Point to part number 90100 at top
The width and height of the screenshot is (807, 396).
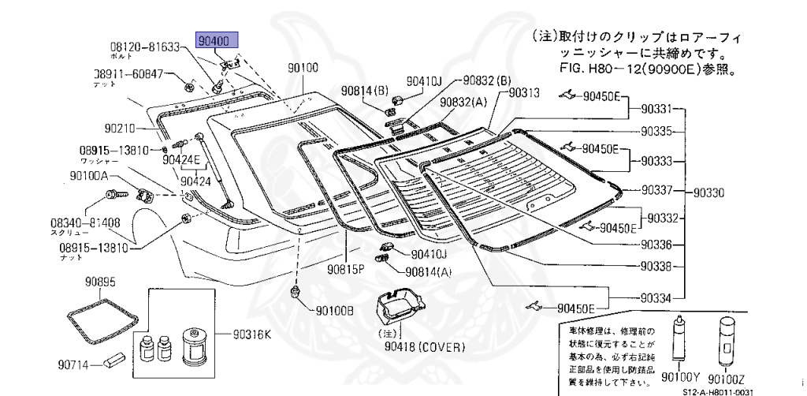tap(303, 69)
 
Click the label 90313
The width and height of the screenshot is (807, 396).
tap(523, 92)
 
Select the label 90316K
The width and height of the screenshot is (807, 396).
tap(251, 334)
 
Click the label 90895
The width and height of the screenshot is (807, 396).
tap(101, 282)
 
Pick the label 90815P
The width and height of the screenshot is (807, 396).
tap(348, 268)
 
